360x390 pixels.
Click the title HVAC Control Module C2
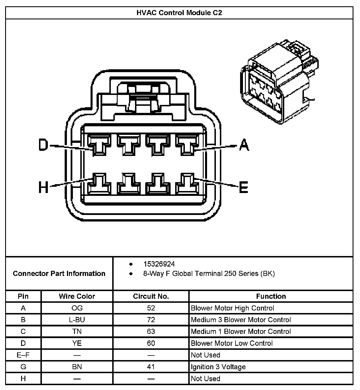click(x=179, y=13)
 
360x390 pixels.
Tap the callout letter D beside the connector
click(x=44, y=145)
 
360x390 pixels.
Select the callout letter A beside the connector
click(x=244, y=145)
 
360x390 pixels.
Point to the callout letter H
click(x=44, y=188)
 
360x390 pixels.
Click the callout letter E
click(x=244, y=187)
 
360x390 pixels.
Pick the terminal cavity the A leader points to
click(x=187, y=145)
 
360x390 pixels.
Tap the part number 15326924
click(x=159, y=264)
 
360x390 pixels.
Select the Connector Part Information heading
click(x=59, y=273)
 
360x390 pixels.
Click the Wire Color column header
click(x=77, y=296)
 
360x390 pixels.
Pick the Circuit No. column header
click(x=151, y=296)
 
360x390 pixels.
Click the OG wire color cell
click(x=77, y=308)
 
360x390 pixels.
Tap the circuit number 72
click(x=151, y=320)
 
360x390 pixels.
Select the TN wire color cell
click(x=77, y=331)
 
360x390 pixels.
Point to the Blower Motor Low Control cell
click(x=232, y=343)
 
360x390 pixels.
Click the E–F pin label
click(x=23, y=355)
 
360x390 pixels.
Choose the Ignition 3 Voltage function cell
click(x=218, y=367)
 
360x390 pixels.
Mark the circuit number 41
click(x=151, y=367)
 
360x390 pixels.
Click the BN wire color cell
click(x=77, y=367)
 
